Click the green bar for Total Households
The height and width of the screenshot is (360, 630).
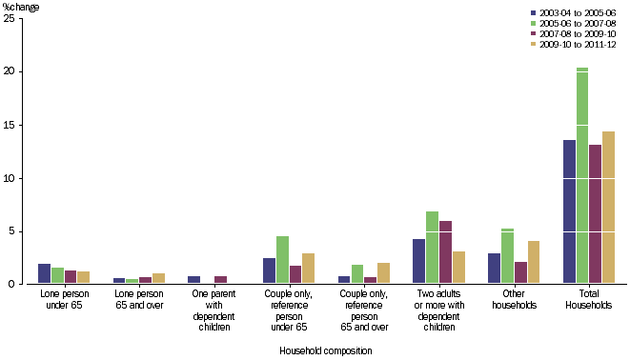point(582,176)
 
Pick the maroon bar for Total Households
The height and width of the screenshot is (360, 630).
point(596,214)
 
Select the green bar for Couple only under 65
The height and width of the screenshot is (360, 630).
point(282,260)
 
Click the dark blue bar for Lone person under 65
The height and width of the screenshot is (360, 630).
point(44,274)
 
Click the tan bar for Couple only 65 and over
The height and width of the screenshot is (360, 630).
point(383,273)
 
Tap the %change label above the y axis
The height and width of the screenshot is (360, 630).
point(21,8)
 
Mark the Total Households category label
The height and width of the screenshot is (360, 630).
point(588,300)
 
